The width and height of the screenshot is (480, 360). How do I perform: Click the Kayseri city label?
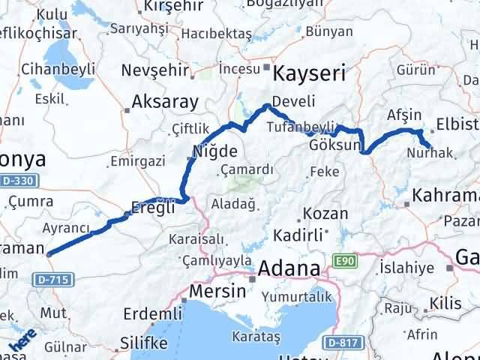click(310, 73)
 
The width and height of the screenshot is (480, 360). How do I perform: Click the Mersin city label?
click(219, 290)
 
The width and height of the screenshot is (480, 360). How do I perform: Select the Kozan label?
click(327, 214)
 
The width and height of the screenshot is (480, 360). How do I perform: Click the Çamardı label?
click(247, 169)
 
